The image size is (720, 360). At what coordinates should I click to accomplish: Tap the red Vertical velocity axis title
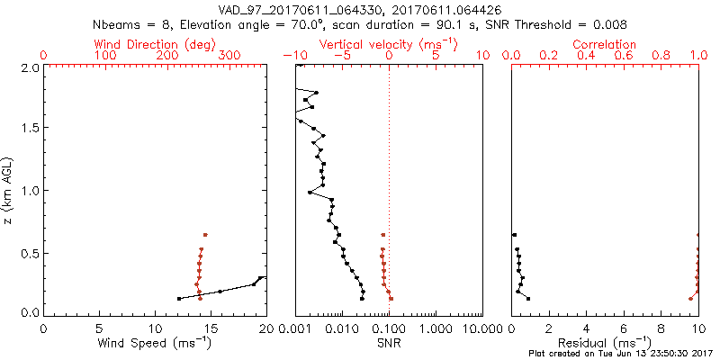(388, 44)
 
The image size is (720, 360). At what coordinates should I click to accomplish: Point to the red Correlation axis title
(605, 44)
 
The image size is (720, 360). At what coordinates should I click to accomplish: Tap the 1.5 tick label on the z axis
(31, 128)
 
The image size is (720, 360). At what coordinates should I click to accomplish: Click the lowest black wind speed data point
(179, 298)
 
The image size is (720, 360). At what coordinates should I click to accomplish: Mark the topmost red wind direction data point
(205, 234)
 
